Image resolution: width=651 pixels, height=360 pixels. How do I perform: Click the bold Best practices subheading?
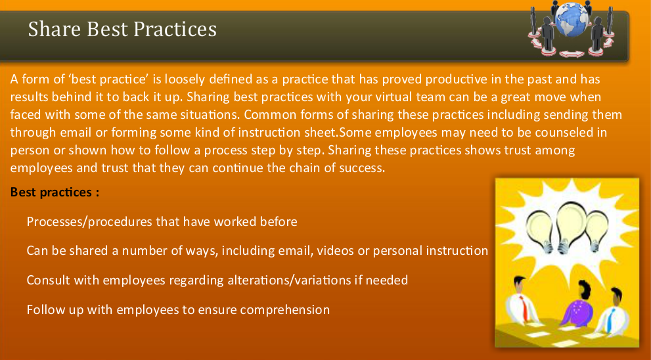pyautogui.click(x=55, y=193)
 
